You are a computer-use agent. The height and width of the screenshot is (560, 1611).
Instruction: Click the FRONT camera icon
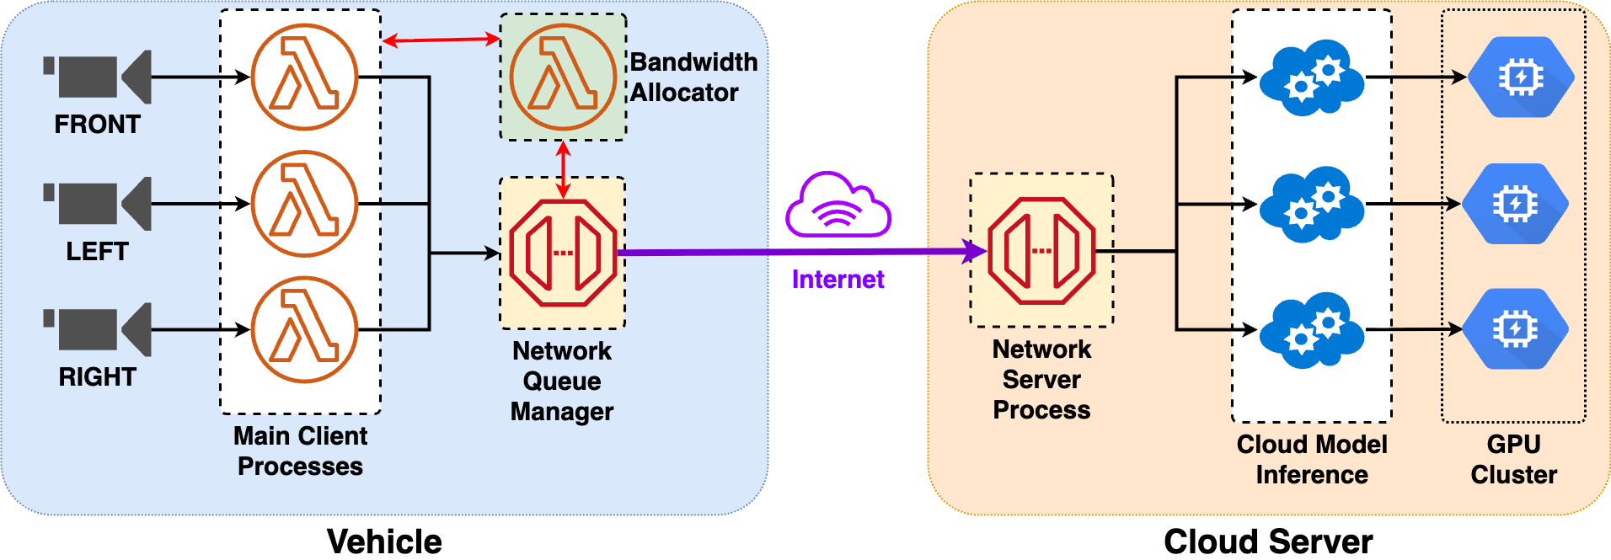[x=98, y=77]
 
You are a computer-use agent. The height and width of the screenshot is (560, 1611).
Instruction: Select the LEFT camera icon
[x=98, y=204]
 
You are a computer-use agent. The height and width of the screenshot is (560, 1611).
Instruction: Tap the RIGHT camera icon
[x=98, y=329]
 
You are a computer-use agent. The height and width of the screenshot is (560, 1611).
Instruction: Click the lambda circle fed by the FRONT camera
[x=305, y=77]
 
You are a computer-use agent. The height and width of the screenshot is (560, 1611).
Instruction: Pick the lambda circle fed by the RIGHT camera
[x=305, y=329]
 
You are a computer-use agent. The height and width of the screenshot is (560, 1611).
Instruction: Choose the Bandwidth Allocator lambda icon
[x=563, y=77]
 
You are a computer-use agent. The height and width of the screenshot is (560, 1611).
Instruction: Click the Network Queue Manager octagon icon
[x=563, y=253]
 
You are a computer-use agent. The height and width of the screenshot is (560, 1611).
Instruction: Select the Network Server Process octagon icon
[x=1041, y=251]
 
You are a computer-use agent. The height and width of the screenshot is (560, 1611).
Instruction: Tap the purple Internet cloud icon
[x=838, y=205]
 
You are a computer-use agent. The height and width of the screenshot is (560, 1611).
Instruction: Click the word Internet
[x=838, y=279]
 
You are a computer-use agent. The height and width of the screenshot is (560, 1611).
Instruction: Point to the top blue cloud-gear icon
[x=1312, y=77]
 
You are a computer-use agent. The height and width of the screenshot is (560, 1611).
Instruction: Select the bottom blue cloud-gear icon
[x=1312, y=330]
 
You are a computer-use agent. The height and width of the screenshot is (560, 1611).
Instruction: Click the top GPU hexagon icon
[x=1521, y=77]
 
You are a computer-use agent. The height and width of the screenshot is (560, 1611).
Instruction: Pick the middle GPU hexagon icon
[x=1515, y=203]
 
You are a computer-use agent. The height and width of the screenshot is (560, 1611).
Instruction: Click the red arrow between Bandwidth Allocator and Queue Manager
[x=564, y=170]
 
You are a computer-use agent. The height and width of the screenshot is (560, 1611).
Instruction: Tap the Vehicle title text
[x=384, y=541]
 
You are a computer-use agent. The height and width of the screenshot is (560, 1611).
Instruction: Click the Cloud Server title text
[x=1268, y=541]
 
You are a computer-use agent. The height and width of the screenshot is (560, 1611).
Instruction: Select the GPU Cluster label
[x=1514, y=459]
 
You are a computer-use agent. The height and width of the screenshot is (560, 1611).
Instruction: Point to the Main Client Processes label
[x=300, y=451]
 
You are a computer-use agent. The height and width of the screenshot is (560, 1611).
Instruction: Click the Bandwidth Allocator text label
[x=693, y=77]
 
